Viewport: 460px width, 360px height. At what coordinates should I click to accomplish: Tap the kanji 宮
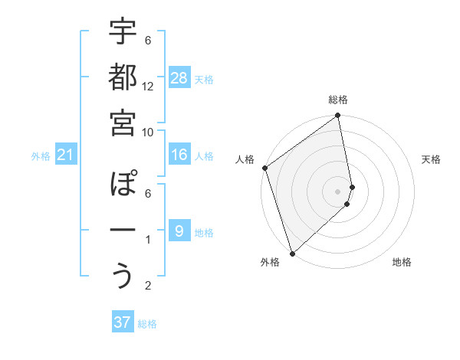click(123, 122)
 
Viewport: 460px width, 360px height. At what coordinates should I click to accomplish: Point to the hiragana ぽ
click(123, 185)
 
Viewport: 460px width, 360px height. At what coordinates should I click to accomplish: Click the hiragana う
click(123, 275)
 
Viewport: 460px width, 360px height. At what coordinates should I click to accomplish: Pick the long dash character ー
click(123, 230)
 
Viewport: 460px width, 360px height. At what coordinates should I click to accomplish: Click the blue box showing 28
click(179, 77)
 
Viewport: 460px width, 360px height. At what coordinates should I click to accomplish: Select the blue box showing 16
click(179, 155)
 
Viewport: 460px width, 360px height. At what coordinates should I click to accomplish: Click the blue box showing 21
click(66, 155)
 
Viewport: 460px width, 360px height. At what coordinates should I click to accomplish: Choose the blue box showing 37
click(123, 322)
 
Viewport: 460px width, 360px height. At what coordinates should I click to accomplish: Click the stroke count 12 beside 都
click(149, 87)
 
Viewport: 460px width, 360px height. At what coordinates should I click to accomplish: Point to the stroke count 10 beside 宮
click(149, 132)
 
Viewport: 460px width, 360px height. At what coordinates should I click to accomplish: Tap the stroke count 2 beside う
click(149, 286)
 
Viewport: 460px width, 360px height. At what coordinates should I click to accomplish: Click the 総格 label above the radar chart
click(338, 100)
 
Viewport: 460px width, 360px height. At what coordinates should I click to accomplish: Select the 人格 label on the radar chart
click(245, 160)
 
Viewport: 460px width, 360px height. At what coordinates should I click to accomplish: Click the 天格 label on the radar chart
click(432, 160)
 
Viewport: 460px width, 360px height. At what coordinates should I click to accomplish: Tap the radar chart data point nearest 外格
click(292, 253)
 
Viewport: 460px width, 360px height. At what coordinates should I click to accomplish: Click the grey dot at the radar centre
click(337, 191)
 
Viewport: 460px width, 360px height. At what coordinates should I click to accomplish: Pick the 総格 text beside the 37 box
click(147, 324)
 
